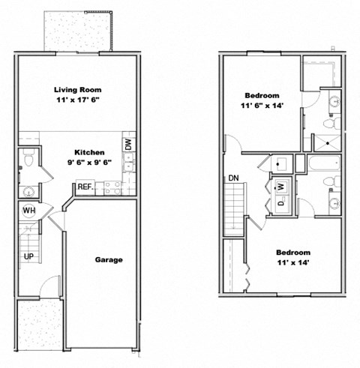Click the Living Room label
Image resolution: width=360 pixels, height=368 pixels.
point(77,89)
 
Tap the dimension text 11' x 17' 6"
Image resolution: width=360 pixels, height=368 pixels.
point(77,100)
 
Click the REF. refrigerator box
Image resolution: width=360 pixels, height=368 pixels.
point(83,187)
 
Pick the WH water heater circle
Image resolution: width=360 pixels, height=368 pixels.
point(28,211)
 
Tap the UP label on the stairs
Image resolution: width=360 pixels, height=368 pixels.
point(28,256)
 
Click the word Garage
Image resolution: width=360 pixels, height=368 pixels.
point(109,260)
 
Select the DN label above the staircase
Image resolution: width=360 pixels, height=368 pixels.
point(233,178)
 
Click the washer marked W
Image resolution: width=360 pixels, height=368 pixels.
point(279,186)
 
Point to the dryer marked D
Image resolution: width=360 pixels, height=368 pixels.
point(279,202)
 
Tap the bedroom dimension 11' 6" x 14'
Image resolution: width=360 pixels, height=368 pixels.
point(261,106)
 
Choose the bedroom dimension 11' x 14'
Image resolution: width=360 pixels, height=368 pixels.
point(292,264)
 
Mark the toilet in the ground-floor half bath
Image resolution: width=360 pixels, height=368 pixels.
point(28,158)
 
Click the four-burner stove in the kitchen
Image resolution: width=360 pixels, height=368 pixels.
point(113,187)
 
